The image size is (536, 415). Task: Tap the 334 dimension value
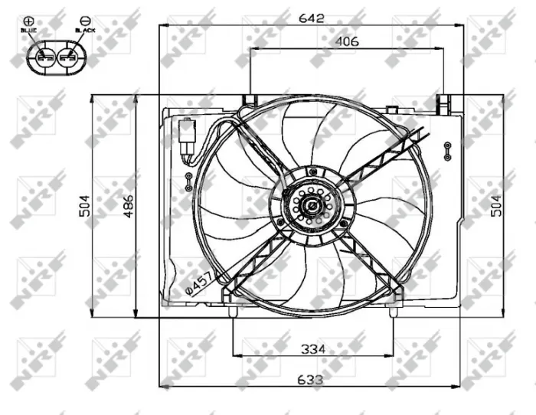(x=312, y=349)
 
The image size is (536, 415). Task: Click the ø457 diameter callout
(x=198, y=283)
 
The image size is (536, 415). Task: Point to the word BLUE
(x=29, y=30)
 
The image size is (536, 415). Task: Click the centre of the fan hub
(x=312, y=206)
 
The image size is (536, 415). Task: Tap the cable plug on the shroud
(x=186, y=138)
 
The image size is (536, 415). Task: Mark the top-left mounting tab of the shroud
(x=248, y=100)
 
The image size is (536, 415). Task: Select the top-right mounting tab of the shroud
(x=443, y=102)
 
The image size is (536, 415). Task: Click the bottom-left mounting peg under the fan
(x=232, y=309)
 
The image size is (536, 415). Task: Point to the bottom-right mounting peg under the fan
(x=393, y=309)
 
